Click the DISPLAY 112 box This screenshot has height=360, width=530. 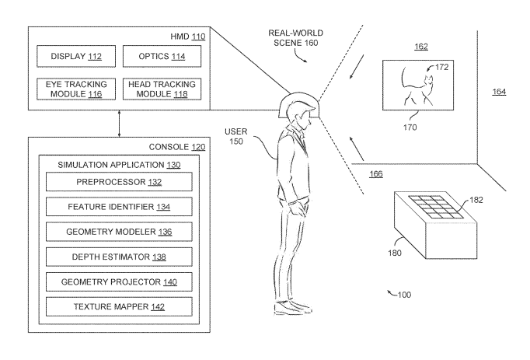point(75,56)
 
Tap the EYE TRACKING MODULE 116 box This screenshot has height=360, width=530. point(75,89)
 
